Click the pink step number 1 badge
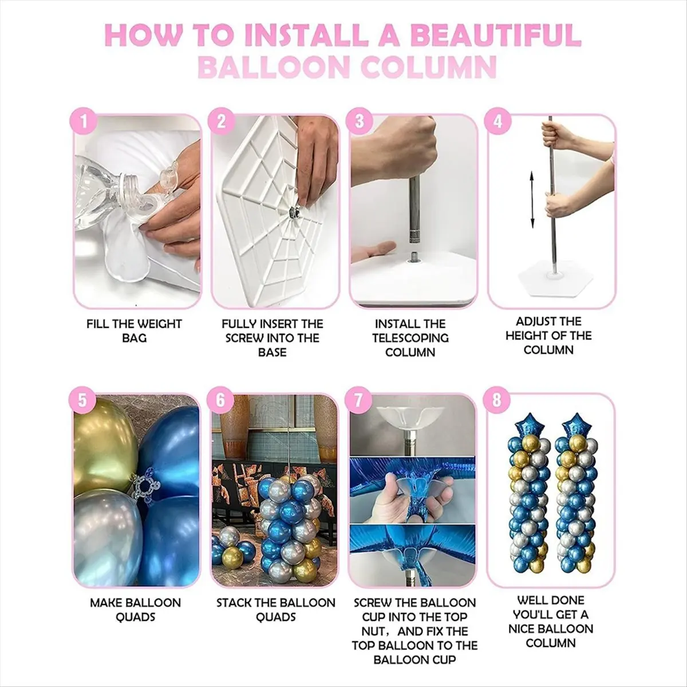point(84,121)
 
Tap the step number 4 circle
point(498,121)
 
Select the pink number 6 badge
point(220,400)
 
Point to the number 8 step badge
point(497,400)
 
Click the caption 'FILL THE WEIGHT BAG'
point(135,331)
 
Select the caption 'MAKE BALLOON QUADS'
point(135,610)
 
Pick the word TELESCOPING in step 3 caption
point(410,338)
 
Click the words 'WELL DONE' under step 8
point(550,600)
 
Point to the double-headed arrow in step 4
point(531,200)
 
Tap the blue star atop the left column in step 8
point(529,424)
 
